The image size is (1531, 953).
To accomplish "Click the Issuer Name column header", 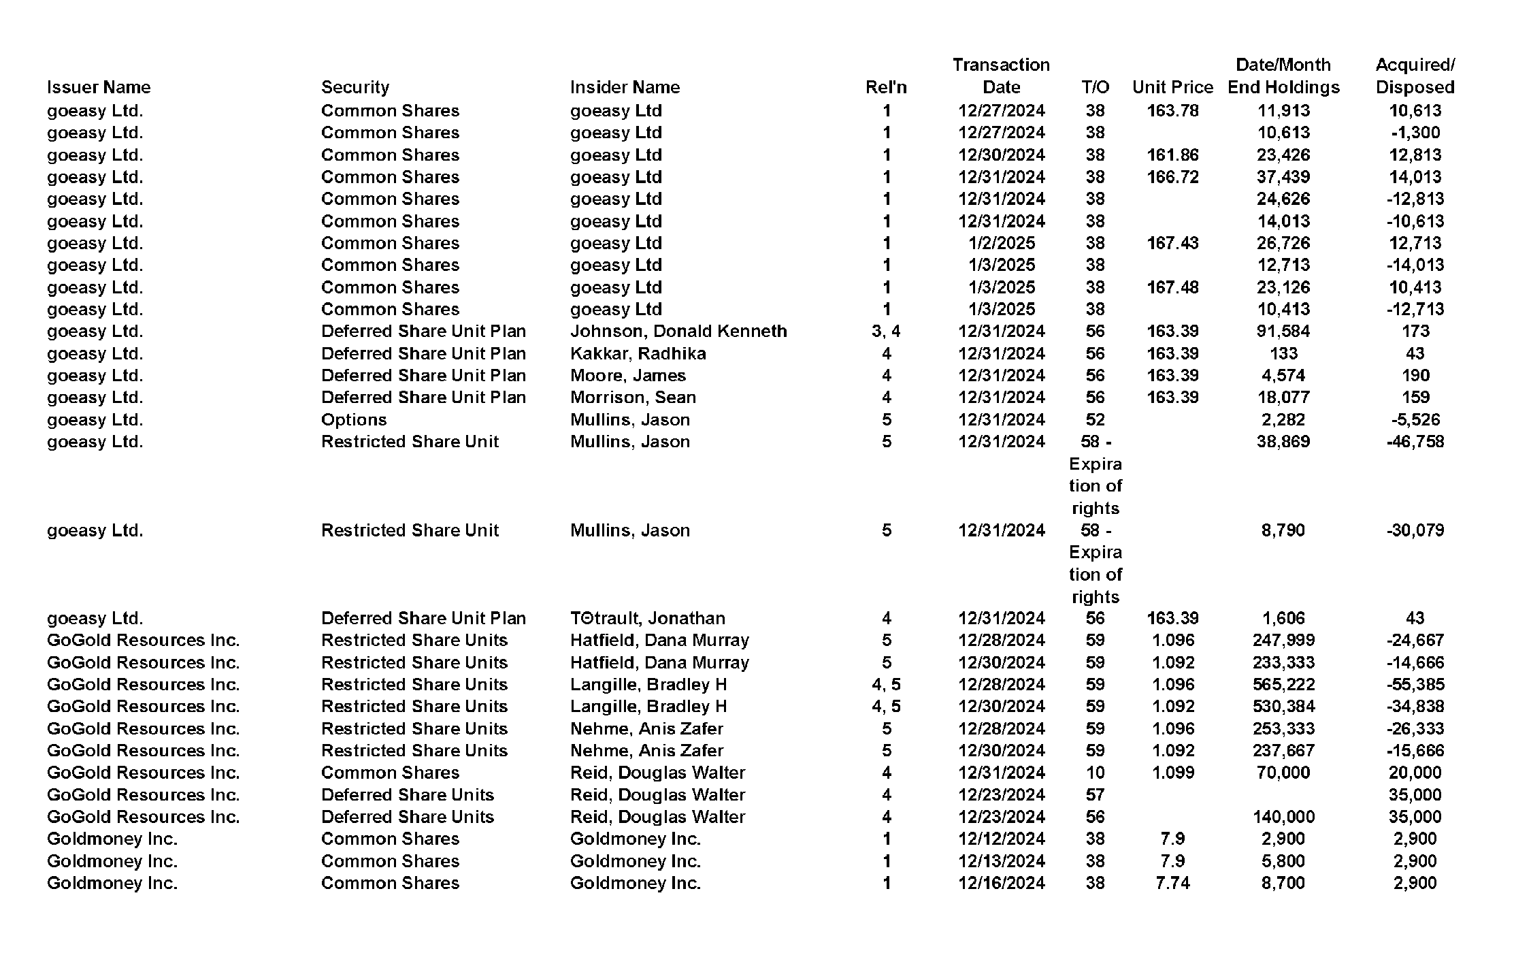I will [99, 87].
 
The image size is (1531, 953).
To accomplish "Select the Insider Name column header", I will [625, 87].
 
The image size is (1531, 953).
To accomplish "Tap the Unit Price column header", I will [1172, 87].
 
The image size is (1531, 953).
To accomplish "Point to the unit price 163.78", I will [1172, 110].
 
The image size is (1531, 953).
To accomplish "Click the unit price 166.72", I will [1172, 177].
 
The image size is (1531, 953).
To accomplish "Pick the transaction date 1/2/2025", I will [1002, 243].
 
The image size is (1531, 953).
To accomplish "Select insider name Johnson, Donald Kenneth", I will [678, 331].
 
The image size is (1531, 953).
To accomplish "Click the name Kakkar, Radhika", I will [638, 353].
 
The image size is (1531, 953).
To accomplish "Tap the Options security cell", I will [354, 419].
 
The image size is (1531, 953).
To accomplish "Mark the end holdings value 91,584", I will [1283, 331].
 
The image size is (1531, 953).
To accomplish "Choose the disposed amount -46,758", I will [1415, 441].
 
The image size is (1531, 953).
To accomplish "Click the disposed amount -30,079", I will [1415, 530].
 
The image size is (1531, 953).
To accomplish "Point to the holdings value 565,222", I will [1283, 684].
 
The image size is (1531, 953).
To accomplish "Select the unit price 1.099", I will [1172, 773].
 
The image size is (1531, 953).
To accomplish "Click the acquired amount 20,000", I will [1415, 773].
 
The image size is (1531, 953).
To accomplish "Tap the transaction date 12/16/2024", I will [1002, 883].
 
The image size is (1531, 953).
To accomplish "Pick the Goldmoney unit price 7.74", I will [1172, 883].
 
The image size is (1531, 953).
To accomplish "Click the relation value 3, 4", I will [886, 331].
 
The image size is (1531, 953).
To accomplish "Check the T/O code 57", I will [1095, 794].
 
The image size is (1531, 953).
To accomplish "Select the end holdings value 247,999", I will [1283, 640].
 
